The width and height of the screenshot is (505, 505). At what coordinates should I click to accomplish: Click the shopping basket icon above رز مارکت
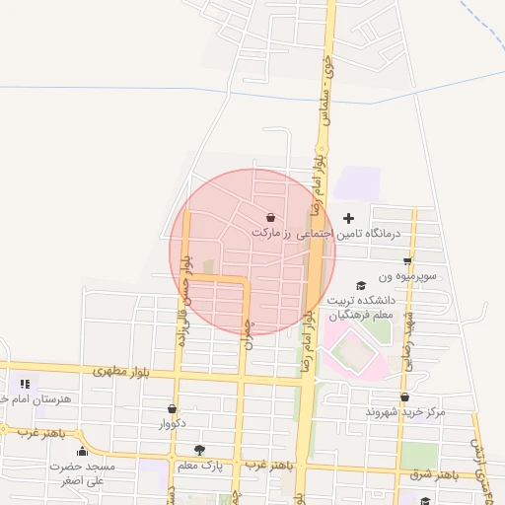[270, 218]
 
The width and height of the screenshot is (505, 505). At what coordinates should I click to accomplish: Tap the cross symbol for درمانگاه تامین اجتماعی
[347, 217]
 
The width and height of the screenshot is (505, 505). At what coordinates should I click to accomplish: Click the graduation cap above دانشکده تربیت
[360, 283]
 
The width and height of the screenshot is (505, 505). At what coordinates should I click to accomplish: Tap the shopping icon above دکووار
[173, 408]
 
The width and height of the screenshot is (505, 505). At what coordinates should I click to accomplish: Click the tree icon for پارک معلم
[200, 450]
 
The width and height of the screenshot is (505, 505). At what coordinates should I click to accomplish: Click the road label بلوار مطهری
[124, 372]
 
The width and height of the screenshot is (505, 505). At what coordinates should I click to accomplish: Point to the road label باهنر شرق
[437, 475]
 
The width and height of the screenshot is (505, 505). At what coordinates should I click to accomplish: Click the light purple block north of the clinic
[358, 182]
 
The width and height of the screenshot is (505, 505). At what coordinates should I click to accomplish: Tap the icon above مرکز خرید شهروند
[405, 397]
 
